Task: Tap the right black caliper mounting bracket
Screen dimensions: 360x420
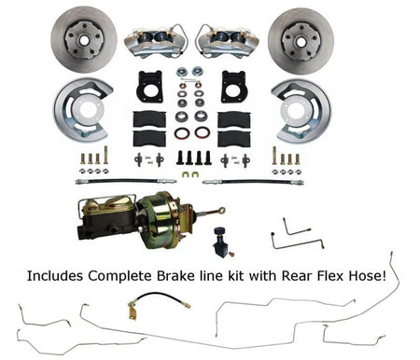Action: coord(233,86)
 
